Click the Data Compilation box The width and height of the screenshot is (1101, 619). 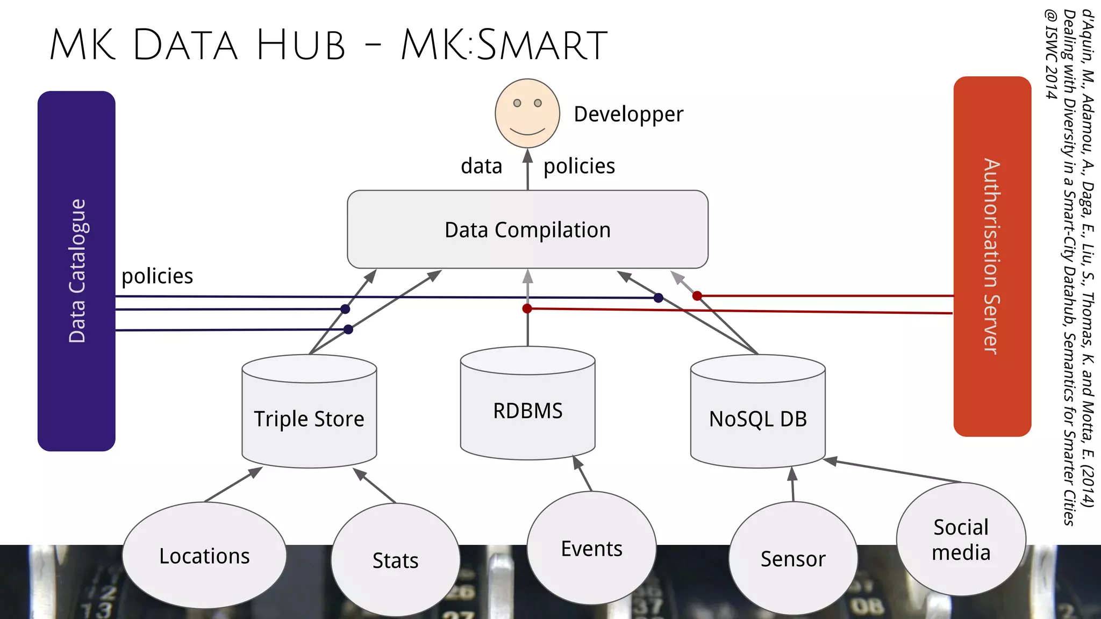pos(527,229)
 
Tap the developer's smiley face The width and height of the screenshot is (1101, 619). pos(527,113)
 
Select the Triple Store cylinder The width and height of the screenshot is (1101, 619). pos(309,419)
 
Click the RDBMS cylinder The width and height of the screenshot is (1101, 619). pos(527,411)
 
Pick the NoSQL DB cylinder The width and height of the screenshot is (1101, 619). pos(757,419)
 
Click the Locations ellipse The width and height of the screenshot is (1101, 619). pos(204,556)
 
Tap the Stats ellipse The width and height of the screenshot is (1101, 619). pos(395,560)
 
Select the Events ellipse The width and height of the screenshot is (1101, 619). pos(591,549)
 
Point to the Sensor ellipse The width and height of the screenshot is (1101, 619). pos(793,559)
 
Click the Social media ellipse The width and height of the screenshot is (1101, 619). pos(961,539)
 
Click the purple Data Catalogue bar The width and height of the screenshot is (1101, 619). pos(76,271)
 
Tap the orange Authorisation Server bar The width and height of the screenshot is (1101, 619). pos(992,256)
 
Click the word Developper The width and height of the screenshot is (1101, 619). pos(628,114)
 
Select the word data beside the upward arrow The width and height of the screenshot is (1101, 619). pos(481,166)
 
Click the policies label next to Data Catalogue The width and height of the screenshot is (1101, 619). pos(157,276)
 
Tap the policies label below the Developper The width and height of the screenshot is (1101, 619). pos(579,166)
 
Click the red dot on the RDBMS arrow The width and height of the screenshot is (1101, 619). pos(527,308)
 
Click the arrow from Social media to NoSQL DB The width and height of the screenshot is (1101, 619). pos(892,471)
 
